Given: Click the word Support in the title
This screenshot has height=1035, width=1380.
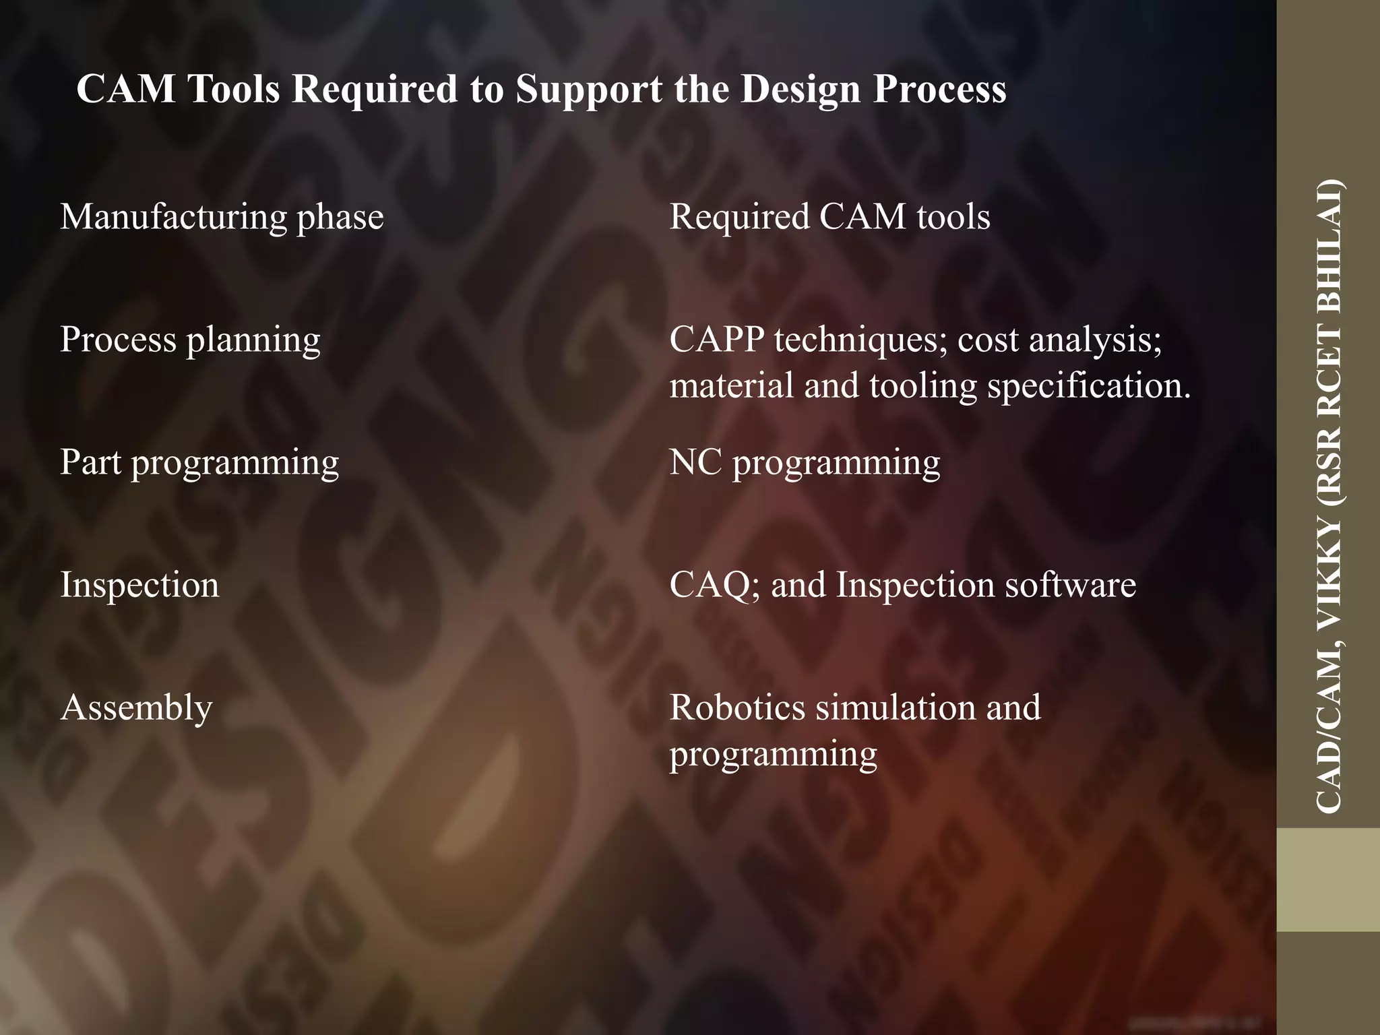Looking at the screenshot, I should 588,90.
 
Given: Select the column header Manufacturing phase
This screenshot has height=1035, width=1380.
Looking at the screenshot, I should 222,218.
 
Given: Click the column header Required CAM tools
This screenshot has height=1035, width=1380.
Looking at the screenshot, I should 829,218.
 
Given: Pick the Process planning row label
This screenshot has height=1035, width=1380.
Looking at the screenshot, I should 190,340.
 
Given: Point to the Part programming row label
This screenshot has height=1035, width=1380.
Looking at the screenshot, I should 199,463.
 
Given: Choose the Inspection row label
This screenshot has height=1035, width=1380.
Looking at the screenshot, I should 139,585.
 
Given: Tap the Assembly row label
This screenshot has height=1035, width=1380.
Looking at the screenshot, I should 136,708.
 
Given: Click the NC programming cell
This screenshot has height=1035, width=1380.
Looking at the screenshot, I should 805,463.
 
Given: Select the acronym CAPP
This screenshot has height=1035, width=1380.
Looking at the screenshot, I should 716,340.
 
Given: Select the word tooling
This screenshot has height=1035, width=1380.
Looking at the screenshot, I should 922,386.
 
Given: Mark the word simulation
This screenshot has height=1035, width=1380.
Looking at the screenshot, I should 896,708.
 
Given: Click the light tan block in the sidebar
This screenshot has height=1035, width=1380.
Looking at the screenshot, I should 1328,880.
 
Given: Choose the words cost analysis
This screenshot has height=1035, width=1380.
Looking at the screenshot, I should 1059,340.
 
